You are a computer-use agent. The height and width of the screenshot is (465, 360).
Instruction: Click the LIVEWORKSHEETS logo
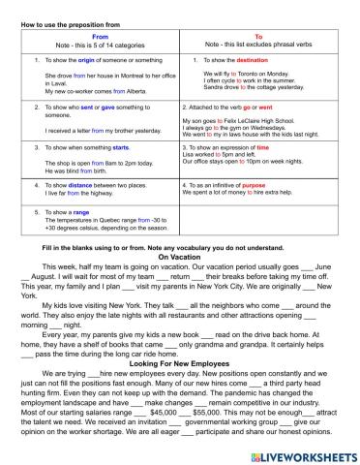[x=302, y=451]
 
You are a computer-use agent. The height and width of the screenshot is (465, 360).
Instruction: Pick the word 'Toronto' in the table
[x=242, y=73]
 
